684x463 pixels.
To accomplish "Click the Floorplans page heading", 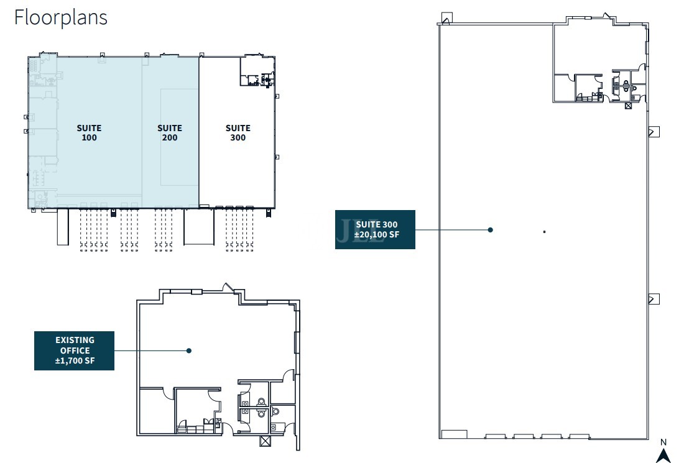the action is [61, 18].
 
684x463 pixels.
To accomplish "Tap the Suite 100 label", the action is [89, 132].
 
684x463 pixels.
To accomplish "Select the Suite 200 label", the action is [170, 132].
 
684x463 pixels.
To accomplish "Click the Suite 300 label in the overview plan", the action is [238, 132].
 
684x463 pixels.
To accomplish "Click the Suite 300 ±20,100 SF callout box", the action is [375, 230].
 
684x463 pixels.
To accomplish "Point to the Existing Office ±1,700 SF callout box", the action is [74, 351].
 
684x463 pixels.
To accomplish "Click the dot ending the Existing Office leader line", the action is [189, 351].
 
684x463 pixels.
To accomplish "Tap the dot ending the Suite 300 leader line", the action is [491, 230].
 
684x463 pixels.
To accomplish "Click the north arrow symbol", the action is [663, 456].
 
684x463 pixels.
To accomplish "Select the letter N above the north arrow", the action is [663, 442].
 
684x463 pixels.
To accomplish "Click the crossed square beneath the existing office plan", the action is [265, 441].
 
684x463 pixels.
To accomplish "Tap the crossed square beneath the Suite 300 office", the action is [628, 106].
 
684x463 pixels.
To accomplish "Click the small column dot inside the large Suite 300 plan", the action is [545, 231].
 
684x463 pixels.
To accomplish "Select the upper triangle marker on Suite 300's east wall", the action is [654, 132].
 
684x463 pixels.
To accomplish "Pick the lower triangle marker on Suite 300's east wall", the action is [654, 299].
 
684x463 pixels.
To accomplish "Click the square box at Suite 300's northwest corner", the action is [446, 18].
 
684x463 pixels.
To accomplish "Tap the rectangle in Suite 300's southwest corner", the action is [454, 434].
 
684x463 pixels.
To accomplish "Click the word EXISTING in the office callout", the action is [75, 340].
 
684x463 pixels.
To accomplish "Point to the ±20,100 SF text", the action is [376, 234].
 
